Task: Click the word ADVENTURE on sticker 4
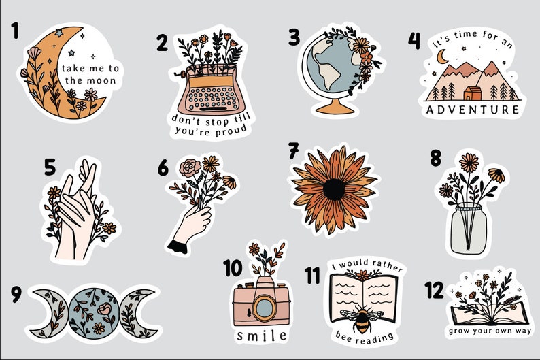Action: pos(473,109)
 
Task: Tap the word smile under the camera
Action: pos(261,336)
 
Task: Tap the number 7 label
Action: pos(294,149)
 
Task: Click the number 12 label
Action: pos(433,291)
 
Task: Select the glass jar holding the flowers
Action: pos(470,220)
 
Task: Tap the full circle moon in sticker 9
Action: pos(95,312)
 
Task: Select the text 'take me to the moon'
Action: pos(90,74)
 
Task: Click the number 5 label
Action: pos(50,167)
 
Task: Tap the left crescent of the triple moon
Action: pos(44,312)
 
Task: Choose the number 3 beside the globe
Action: pos(293,38)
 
